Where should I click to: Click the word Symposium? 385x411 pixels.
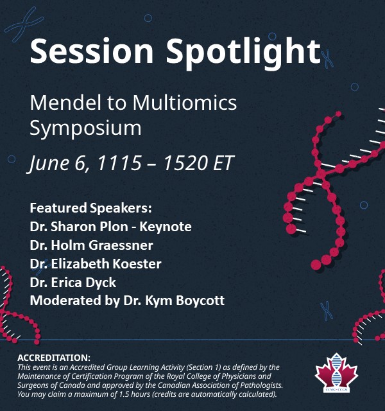coord(86,127)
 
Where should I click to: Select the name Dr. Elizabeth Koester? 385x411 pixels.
coord(96,263)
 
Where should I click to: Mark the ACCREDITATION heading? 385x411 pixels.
coord(54,357)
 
